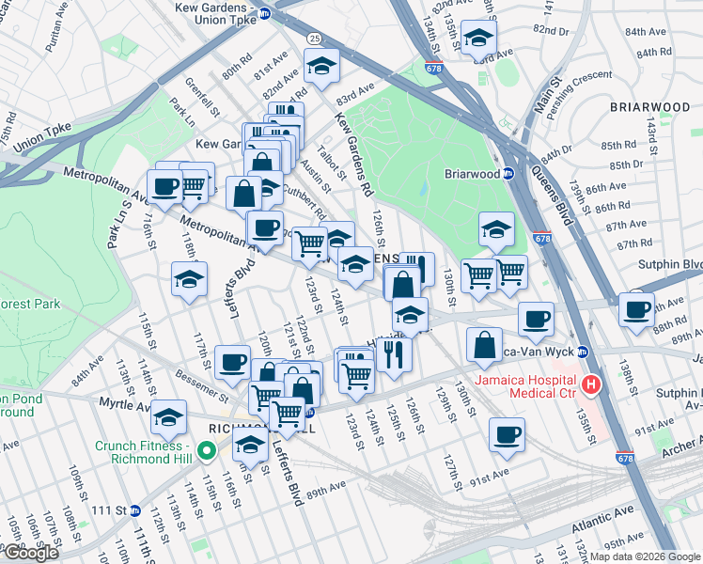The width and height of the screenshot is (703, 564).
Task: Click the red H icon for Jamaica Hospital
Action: tap(591, 384)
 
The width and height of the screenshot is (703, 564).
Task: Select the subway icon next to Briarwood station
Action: tap(508, 173)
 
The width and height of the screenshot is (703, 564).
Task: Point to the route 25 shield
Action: tap(312, 38)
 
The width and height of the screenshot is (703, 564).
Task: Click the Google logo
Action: tap(31, 553)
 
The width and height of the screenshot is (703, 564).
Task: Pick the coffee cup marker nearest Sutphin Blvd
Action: tap(635, 307)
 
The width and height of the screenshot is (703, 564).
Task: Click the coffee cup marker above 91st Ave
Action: tap(507, 432)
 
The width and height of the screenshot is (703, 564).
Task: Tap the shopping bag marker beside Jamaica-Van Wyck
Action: tap(484, 344)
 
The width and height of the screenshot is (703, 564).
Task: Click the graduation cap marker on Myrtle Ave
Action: tap(169, 415)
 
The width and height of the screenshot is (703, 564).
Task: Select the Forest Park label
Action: tap(28, 304)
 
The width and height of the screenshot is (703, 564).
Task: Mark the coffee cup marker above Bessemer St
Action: tap(232, 361)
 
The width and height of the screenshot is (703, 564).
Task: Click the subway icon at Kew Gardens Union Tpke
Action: tap(266, 14)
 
